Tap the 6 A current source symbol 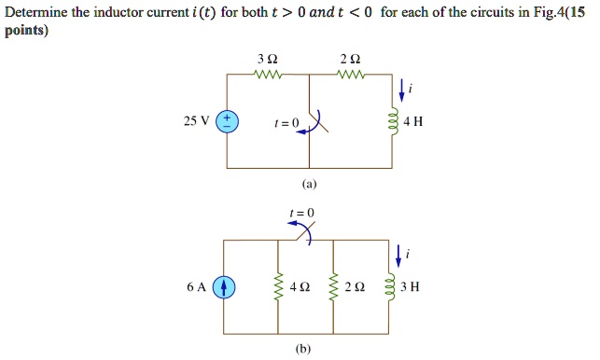point(225,287)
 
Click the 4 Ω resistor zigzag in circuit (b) point(278,287)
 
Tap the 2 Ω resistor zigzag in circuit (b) point(333,287)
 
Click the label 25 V point(197,122)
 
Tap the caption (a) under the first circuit point(307,185)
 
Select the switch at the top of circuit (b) point(302,237)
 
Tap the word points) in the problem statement point(25,30)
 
